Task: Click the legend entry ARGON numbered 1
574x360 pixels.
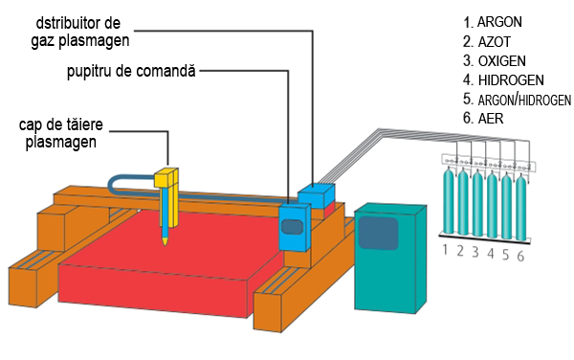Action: coord(493,22)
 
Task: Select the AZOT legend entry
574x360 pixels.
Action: coord(487,42)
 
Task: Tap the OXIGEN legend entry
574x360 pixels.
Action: coord(495,60)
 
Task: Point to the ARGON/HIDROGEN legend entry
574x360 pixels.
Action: coord(517,100)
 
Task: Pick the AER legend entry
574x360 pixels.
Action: coord(483,119)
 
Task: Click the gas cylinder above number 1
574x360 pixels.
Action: coord(449,199)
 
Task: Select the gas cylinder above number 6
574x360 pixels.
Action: coord(521,207)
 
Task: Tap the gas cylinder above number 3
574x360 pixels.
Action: coord(477,203)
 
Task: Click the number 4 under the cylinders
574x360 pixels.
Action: coord(491,253)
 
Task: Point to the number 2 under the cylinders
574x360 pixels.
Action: coord(460,251)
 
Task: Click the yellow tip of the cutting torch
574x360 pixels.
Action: coord(166,240)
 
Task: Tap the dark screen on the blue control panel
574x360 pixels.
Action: coord(292,227)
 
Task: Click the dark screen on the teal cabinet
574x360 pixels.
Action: coord(378,233)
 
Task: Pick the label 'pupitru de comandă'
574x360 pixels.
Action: coord(131,71)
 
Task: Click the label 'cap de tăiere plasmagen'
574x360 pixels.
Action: coord(61,133)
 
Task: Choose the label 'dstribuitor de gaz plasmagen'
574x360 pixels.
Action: coord(79,33)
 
